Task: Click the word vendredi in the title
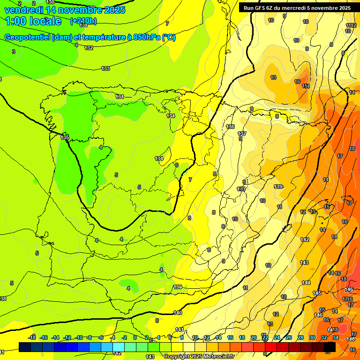tap(22, 10)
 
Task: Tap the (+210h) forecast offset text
tap(83, 21)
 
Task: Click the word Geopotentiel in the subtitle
tap(27, 37)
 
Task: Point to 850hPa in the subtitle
tap(146, 37)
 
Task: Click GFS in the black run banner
tap(260, 8)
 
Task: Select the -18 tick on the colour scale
tap(32, 337)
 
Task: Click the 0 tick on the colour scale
tap(135, 337)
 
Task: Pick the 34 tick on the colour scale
tap(336, 337)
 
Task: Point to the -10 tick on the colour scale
tap(79, 337)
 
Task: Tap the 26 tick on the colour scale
tap(289, 337)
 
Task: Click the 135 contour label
tap(65, 137)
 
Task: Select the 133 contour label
tap(105, 69)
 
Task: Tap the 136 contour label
tap(230, 127)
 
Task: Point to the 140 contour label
tap(178, 313)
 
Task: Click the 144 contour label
tap(306, 283)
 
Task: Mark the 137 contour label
tap(242, 134)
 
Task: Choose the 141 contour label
tap(179, 330)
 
